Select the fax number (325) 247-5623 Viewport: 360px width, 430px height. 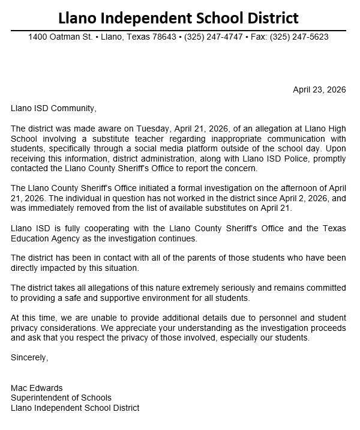point(299,37)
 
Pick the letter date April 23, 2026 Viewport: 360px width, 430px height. point(319,90)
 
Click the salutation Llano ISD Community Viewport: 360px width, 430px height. point(53,109)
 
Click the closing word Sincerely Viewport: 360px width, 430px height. point(29,357)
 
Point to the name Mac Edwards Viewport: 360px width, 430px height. point(37,388)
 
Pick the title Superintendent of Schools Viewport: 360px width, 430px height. point(61,398)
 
